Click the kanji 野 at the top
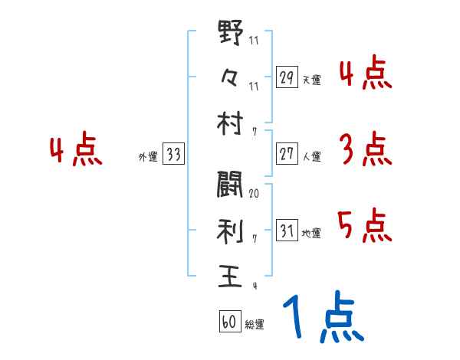(x=231, y=34)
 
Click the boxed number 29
(x=287, y=78)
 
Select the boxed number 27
(x=287, y=154)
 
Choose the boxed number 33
(x=174, y=155)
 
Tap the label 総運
(x=255, y=324)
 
